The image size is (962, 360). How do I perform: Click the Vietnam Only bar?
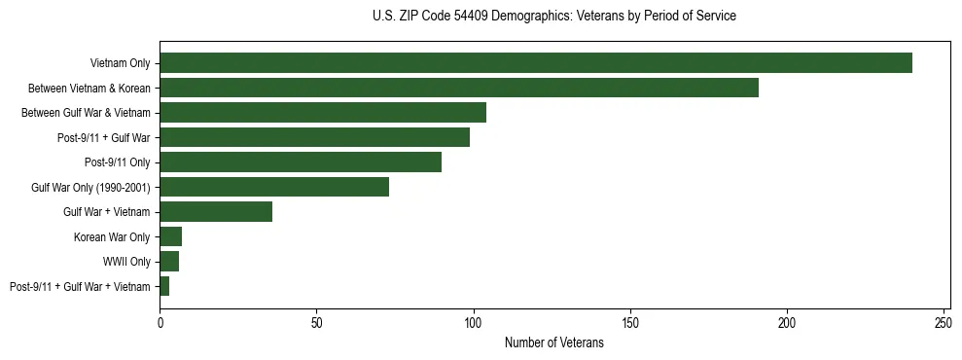coord(536,63)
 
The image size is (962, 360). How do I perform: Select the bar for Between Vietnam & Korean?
coord(459,88)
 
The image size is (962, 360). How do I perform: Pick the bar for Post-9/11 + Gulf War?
coord(315,137)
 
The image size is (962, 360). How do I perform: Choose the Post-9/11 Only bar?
coord(301,162)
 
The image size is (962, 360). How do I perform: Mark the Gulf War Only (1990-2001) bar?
coord(274,187)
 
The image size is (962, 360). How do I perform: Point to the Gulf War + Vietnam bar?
coord(216,212)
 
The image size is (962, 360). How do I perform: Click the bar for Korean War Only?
coord(171,236)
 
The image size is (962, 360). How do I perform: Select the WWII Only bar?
coord(169,262)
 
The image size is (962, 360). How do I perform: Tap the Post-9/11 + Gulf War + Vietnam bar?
coord(164,286)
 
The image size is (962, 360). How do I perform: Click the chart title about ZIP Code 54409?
coord(554,17)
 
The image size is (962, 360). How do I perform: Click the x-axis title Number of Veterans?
coord(554,343)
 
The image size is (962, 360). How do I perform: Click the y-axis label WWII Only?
coord(126,262)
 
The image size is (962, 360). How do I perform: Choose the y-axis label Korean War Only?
coord(112,236)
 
